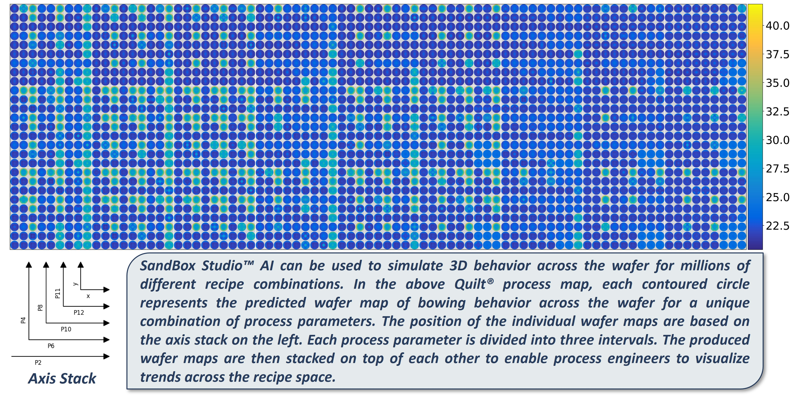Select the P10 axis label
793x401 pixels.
pos(66,329)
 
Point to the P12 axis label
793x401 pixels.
pos(79,313)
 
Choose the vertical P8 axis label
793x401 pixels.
pos(40,308)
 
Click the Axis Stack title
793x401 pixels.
pos(62,379)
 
